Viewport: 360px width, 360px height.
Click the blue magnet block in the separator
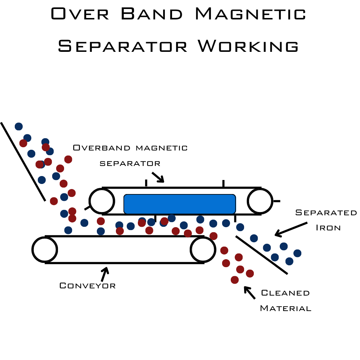[179, 204]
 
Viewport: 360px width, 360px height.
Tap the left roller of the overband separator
[102, 201]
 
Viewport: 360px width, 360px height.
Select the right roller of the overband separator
[260, 201]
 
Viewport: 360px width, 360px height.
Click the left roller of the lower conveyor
[45, 249]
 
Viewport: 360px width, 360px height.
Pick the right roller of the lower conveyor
[203, 249]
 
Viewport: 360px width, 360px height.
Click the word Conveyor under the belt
[87, 286]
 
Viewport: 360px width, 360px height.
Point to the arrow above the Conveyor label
[104, 274]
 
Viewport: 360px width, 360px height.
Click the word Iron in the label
[328, 228]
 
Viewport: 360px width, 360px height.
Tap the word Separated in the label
[326, 213]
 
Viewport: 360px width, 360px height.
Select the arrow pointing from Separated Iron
[291, 229]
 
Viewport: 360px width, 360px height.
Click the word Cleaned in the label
[285, 293]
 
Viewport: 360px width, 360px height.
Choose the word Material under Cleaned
[285, 309]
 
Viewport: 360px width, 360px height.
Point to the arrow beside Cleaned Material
[249, 292]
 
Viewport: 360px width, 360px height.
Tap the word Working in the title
[248, 46]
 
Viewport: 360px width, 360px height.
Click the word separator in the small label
[130, 163]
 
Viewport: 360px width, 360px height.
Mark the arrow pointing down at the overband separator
[158, 177]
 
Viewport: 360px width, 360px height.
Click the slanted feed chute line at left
[23, 162]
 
